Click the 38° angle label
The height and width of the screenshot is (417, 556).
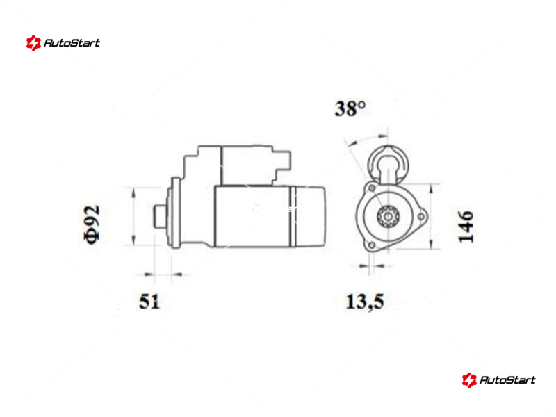coord(350,108)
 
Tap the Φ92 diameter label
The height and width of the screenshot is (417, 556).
coord(92,224)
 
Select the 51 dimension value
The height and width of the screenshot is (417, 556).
coord(149,302)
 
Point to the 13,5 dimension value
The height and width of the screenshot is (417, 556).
coord(364,302)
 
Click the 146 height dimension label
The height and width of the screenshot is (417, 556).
coord(466,227)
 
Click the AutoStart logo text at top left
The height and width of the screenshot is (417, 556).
coord(72,43)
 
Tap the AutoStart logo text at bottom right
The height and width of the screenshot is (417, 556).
coord(507,380)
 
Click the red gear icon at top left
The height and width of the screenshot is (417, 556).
coord(33,43)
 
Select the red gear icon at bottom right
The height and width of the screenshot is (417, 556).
coord(469,380)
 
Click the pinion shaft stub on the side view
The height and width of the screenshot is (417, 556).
coord(160,216)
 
